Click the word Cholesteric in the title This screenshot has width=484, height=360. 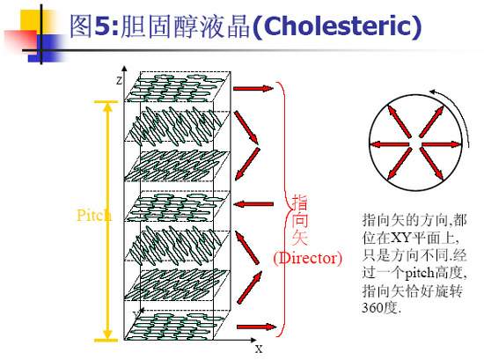pyautogui.click(x=338, y=26)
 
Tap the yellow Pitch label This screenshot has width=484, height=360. pyautogui.click(x=94, y=215)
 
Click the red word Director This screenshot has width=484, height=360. pyautogui.click(x=308, y=258)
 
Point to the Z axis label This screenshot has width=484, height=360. pyautogui.click(x=119, y=81)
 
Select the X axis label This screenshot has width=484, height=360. pyautogui.click(x=259, y=349)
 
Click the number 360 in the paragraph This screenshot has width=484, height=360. pyautogui.click(x=372, y=307)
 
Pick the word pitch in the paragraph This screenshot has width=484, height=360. pyautogui.click(x=419, y=273)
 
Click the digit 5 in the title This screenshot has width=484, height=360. pyautogui.click(x=102, y=26)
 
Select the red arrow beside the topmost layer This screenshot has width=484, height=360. pyautogui.click(x=253, y=89)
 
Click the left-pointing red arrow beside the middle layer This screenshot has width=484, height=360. pyautogui.click(x=253, y=204)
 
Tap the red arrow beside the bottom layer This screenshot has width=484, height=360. pyautogui.click(x=256, y=327)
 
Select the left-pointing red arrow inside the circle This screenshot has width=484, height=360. pyautogui.click(x=390, y=144)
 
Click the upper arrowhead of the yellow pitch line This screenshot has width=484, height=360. pyautogui.click(x=107, y=107)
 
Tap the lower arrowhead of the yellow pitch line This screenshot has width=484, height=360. pyautogui.click(x=107, y=334)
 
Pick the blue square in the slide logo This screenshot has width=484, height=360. pyautogui.click(x=46, y=47)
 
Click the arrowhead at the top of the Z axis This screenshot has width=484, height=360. pyautogui.click(x=124, y=69)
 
